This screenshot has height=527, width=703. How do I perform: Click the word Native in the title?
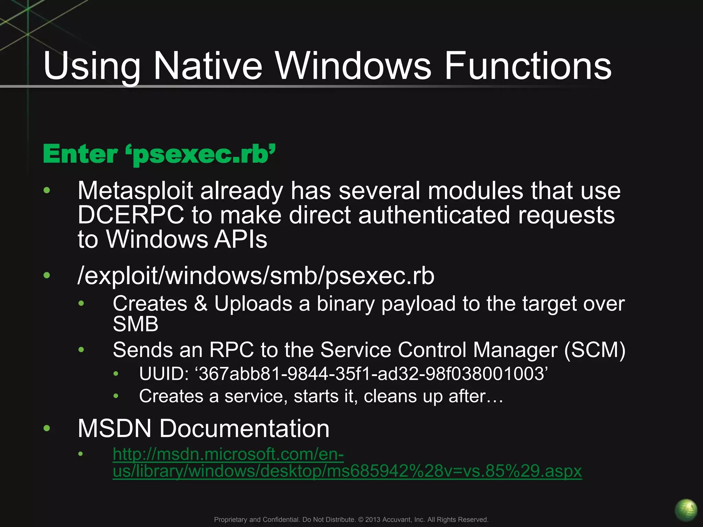(207, 66)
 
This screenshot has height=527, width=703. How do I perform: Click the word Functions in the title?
(528, 66)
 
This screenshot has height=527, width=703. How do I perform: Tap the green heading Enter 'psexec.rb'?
(159, 154)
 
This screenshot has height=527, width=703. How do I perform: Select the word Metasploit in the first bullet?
(135, 191)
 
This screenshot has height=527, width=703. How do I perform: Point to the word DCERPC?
(131, 215)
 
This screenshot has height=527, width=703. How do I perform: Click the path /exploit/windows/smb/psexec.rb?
(256, 276)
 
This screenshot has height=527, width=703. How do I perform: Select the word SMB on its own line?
(136, 324)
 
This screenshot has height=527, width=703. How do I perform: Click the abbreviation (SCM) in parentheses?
(595, 350)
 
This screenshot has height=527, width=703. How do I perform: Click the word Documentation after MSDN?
(244, 429)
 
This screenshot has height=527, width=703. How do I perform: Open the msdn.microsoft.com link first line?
(228, 454)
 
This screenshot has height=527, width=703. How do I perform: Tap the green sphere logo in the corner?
(686, 510)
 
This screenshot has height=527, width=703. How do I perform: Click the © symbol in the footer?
(360, 519)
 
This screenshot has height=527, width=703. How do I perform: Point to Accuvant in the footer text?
(396, 519)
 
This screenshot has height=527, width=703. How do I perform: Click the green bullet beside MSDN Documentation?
(47, 428)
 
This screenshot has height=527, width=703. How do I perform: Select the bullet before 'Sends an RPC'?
(81, 350)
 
